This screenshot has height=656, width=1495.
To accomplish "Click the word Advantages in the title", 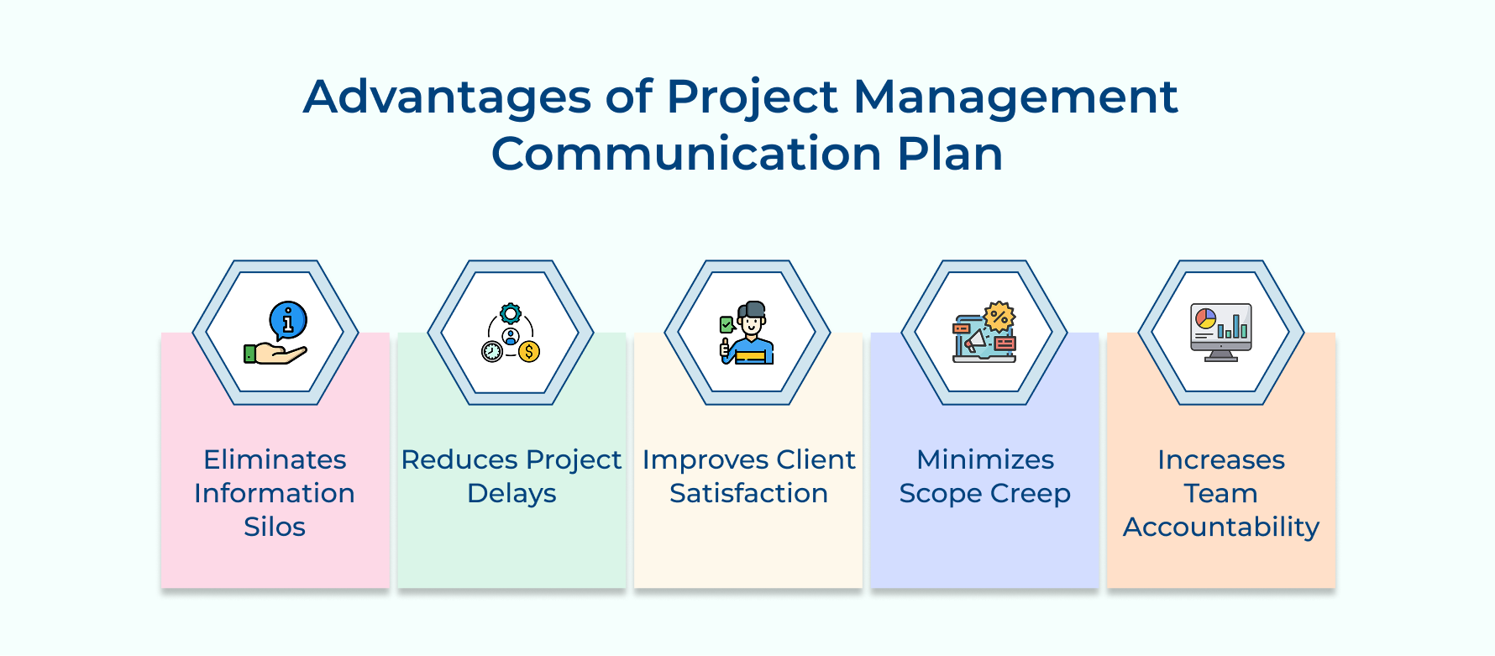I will [x=447, y=97].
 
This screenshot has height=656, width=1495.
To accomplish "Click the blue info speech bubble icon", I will [x=288, y=320].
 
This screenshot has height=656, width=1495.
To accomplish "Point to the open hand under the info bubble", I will [x=277, y=354].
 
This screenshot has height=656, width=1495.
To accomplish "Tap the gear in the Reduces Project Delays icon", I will [x=511, y=314].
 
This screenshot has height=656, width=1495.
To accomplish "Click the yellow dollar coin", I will [x=529, y=351].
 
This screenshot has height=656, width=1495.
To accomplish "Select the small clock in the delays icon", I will [x=492, y=351].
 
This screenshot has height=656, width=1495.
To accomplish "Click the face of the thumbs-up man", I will [x=752, y=323].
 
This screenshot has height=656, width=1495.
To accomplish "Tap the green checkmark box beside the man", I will [x=727, y=324].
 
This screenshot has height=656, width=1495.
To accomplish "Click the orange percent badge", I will [x=999, y=318].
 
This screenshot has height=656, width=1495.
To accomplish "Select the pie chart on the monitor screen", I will [x=1206, y=318].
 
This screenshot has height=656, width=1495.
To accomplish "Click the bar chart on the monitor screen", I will [x=1233, y=326].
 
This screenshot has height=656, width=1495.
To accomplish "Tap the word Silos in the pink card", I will [x=275, y=527].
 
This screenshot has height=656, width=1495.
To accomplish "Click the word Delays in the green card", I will [x=511, y=493].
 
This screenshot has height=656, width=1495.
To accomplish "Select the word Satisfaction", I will [x=748, y=493].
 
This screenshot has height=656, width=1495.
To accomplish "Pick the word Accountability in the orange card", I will [x=1220, y=527].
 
